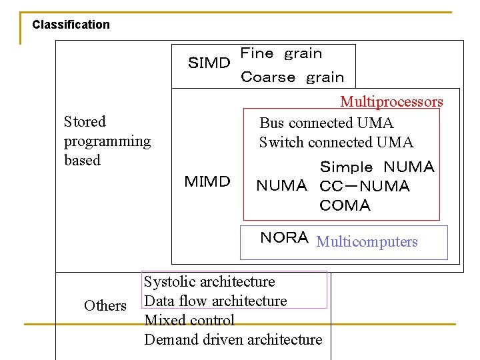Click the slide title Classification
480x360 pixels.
[x=71, y=25]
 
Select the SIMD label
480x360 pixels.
[x=209, y=63]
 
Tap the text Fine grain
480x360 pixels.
[x=281, y=53]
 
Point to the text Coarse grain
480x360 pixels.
[x=292, y=77]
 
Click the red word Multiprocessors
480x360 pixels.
[x=391, y=102]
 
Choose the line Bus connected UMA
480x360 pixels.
[x=326, y=123]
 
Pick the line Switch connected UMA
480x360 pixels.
[x=336, y=142]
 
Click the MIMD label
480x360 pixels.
[x=207, y=181]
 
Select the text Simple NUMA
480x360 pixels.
[x=377, y=167]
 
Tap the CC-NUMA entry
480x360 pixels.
[x=365, y=186]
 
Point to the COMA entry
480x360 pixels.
[x=345, y=205]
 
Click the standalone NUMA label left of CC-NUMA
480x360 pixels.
[x=281, y=186]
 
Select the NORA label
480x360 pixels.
[x=284, y=238]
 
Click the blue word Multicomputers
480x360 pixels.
[x=367, y=241]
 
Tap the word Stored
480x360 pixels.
[x=85, y=121]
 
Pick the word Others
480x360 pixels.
[x=105, y=305]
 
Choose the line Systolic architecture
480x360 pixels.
[x=209, y=281]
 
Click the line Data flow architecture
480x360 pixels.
[x=215, y=301]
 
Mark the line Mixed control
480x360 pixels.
[x=189, y=320]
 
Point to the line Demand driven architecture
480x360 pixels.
[x=233, y=339]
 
